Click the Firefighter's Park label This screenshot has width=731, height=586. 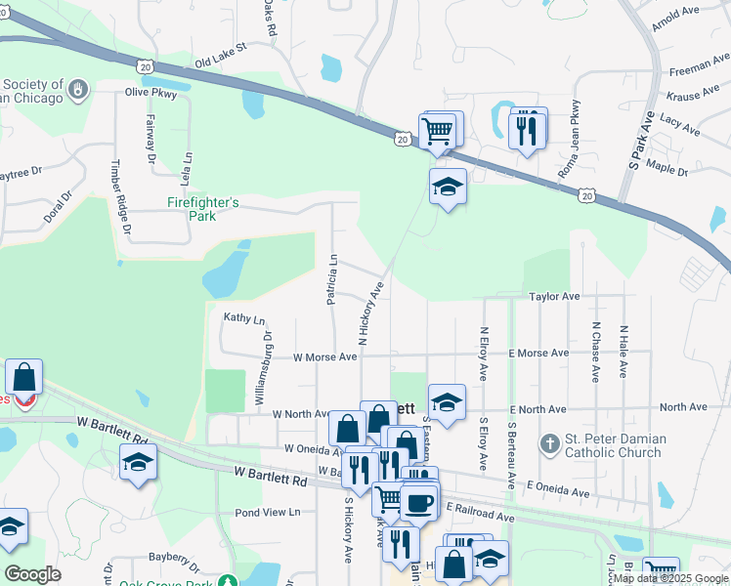[x=203, y=209]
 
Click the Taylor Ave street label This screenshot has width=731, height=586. [x=554, y=296]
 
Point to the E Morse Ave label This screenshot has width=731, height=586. [x=537, y=354]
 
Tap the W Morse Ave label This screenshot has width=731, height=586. [x=325, y=357]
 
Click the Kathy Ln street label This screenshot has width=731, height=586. [x=244, y=318]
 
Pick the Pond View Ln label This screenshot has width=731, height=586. [x=267, y=513]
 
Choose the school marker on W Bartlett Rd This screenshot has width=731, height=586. [x=138, y=462]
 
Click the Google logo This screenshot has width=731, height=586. [x=32, y=574]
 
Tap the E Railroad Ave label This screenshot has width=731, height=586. [x=480, y=511]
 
